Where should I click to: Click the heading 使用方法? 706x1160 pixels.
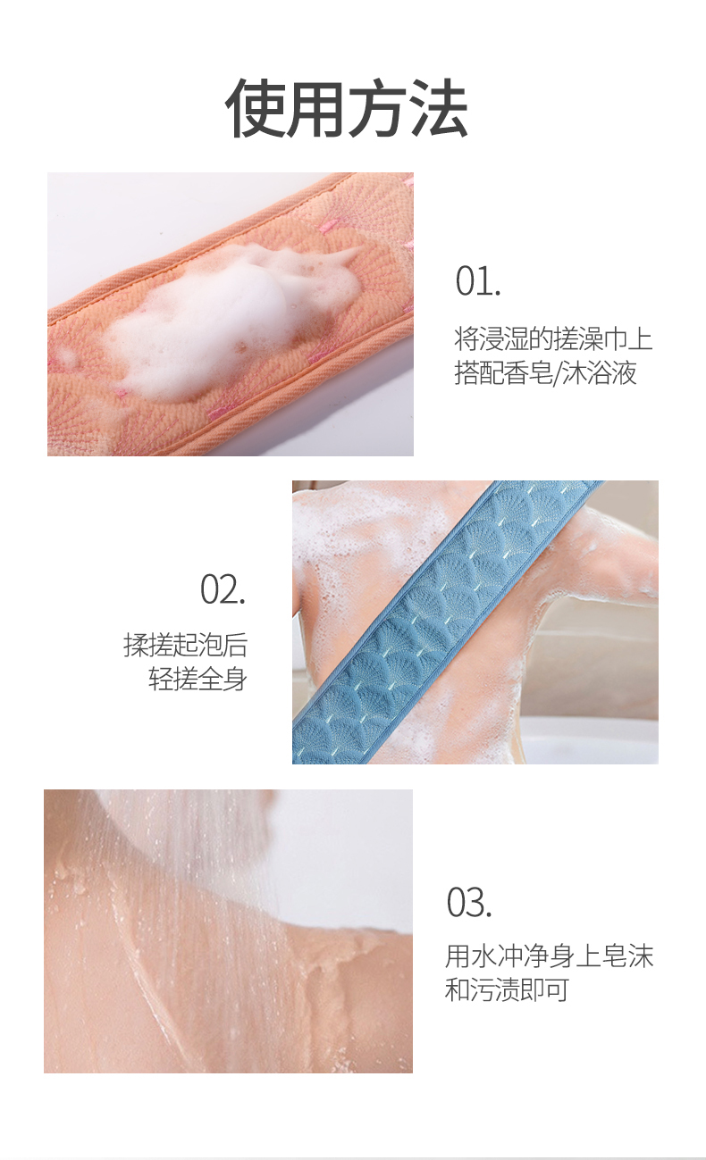pyautogui.click(x=347, y=109)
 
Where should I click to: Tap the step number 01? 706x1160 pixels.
pyautogui.click(x=478, y=280)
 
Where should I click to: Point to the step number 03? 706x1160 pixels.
pyautogui.click(x=469, y=902)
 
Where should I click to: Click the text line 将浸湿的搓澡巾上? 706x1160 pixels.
pyautogui.click(x=553, y=339)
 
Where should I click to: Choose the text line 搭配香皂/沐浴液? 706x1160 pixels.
pyautogui.click(x=545, y=373)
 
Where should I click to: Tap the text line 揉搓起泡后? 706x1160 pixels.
pyautogui.click(x=185, y=646)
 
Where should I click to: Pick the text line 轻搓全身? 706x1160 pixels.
pyautogui.click(x=198, y=679)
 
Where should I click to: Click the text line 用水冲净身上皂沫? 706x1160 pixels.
pyautogui.click(x=549, y=956)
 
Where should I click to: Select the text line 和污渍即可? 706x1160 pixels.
pyautogui.click(x=507, y=989)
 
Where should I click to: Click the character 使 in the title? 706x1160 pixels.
pyautogui.click(x=254, y=109)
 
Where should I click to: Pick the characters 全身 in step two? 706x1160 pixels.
pyautogui.click(x=223, y=679)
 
